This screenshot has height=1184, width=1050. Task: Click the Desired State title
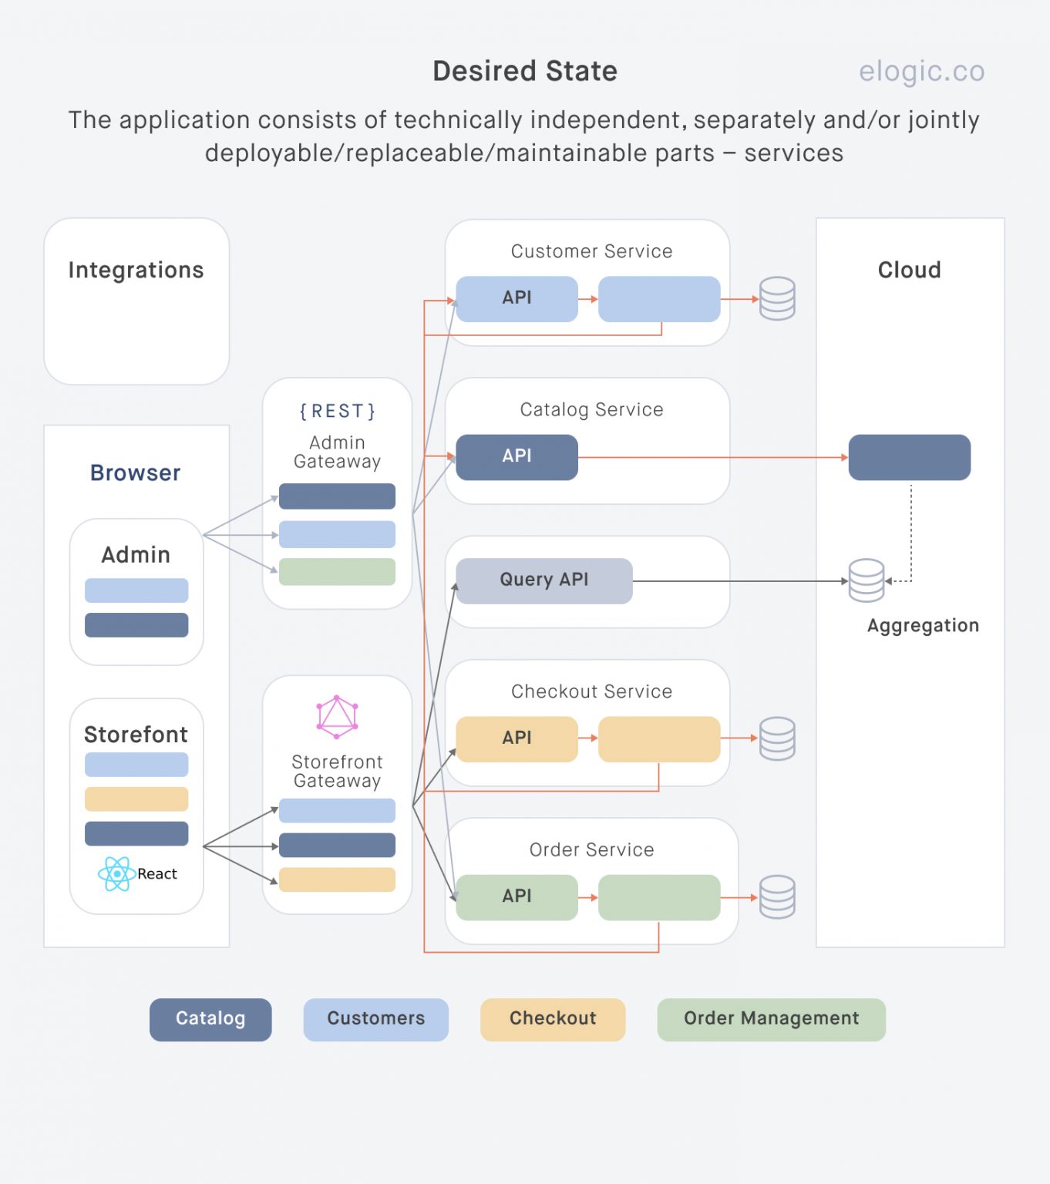524,71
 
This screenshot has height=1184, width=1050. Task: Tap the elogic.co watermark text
921,71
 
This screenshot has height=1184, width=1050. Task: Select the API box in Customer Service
517,298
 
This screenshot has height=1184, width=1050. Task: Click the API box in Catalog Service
517,456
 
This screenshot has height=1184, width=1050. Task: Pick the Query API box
544,580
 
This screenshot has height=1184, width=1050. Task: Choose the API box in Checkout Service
517,738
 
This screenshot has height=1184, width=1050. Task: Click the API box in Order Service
517,896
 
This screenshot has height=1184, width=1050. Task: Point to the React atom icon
116,874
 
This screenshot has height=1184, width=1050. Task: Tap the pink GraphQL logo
337,717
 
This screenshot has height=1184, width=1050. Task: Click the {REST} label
337,411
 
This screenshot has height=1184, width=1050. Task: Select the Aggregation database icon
866,580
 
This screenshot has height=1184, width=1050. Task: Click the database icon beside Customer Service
776,298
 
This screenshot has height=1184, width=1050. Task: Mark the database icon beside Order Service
776,896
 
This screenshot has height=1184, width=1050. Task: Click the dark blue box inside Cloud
909,457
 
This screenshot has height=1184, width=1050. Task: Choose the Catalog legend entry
210,1019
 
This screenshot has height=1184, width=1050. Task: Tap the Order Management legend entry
771,1019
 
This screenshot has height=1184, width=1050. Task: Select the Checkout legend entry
552,1019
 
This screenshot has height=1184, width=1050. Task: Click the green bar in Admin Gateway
337,572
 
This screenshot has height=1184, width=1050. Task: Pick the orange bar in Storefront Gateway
337,880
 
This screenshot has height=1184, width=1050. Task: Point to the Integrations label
136,271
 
